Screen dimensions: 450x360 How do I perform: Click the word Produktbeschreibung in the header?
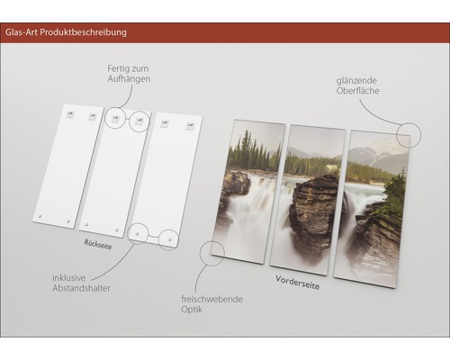83,32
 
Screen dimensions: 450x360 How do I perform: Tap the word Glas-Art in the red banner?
22,32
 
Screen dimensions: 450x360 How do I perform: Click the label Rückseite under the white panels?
98,245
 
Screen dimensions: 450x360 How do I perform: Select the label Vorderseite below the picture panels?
297,283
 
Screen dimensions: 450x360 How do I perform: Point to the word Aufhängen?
129,79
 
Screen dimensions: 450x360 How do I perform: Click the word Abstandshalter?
82,288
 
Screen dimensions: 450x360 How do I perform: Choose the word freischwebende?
211,299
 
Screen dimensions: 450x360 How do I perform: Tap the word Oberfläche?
357,91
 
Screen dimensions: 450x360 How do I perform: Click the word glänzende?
356,81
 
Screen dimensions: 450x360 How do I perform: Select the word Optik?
192,310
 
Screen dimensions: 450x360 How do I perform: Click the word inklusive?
69,278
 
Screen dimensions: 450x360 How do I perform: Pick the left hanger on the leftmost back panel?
70,114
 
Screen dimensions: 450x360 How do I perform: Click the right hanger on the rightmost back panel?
190,126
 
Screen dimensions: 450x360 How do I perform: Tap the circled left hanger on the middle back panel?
115,119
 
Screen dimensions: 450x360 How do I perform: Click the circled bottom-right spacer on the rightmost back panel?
169,239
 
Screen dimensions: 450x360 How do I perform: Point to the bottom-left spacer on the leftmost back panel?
40,216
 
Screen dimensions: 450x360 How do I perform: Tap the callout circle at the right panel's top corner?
409,135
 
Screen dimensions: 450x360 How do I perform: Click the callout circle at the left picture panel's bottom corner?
211,253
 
